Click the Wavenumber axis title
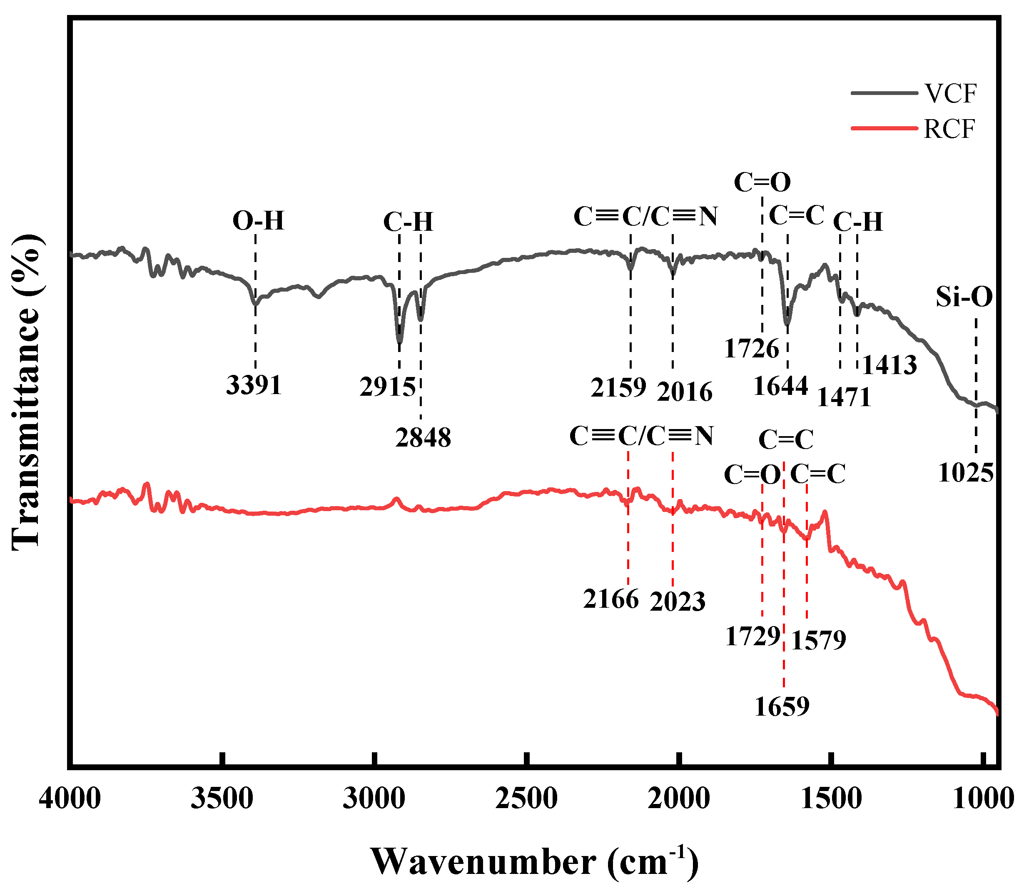pyautogui.click(x=534, y=862)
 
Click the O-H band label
pyautogui.click(x=258, y=220)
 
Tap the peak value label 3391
pyautogui.click(x=254, y=385)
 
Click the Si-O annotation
pyautogui.click(x=964, y=297)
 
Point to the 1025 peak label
pyautogui.click(x=966, y=472)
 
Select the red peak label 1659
pyautogui.click(x=782, y=706)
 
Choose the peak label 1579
pyautogui.click(x=818, y=640)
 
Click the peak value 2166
pyautogui.click(x=611, y=599)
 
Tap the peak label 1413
pyautogui.click(x=889, y=365)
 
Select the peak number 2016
pyautogui.click(x=685, y=392)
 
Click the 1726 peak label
pyautogui.click(x=751, y=349)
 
